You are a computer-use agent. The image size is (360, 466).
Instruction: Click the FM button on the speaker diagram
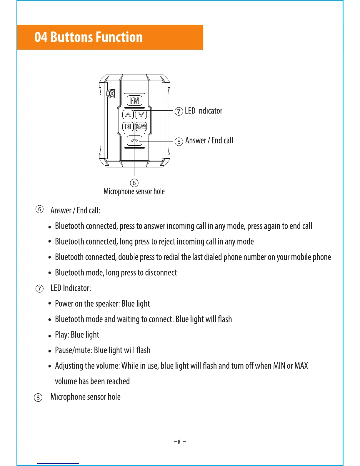point(134,100)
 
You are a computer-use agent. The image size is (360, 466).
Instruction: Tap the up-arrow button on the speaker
point(128,114)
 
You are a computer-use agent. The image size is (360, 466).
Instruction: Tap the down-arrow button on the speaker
point(141,114)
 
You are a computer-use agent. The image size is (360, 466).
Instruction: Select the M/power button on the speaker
point(141,127)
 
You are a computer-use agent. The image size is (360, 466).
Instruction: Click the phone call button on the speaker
point(134,141)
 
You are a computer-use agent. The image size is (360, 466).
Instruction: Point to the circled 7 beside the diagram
point(179,111)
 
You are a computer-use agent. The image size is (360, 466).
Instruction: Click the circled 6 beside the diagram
point(179,142)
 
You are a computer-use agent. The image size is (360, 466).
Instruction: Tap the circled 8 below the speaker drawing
point(134,183)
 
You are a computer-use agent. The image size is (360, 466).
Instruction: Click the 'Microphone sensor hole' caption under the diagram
point(134,192)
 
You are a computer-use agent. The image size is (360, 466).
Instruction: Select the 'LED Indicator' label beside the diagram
point(204,111)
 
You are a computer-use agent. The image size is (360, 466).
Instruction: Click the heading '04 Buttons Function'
point(89,37)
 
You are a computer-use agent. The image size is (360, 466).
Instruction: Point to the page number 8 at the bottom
point(179,442)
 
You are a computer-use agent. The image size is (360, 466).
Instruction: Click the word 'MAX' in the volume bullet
point(301,366)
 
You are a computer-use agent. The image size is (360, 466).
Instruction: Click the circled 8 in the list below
point(38,398)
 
